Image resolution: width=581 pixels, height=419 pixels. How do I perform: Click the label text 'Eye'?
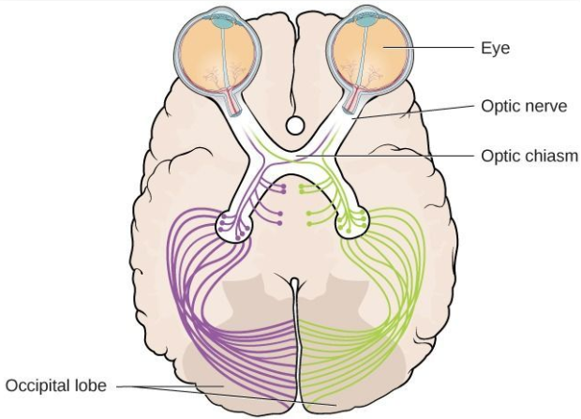[495, 48]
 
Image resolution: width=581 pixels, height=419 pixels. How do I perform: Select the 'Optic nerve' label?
[524, 107]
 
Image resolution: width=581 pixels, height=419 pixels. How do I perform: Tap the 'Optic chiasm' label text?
[529, 157]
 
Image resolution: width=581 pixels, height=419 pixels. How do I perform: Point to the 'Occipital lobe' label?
[56, 385]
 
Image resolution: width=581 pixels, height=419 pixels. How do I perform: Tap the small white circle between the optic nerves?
[295, 126]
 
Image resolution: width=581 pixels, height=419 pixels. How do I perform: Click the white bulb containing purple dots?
[234, 226]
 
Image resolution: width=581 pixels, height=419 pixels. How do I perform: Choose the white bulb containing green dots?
[352, 222]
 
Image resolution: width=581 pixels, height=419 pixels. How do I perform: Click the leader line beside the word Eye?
[428, 48]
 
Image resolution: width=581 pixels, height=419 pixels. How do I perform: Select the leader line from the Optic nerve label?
[412, 112]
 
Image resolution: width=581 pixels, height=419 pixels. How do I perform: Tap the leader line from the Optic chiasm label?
[385, 156]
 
